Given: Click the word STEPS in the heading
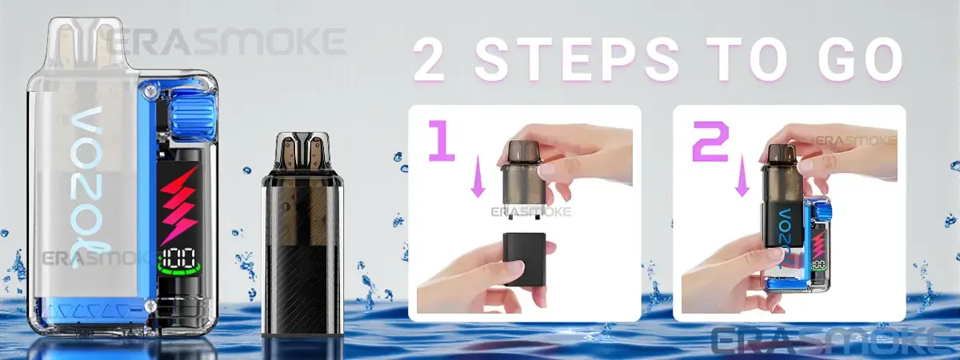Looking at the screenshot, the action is pyautogui.click(x=578, y=60).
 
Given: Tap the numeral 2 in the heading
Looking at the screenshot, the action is pyautogui.click(x=430, y=61).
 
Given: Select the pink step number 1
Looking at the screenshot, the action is pyautogui.click(x=442, y=141).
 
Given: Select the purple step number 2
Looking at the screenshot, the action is pyautogui.click(x=710, y=142).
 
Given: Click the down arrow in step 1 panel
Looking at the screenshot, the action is pyautogui.click(x=478, y=182).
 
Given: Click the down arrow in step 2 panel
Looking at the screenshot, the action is pyautogui.click(x=742, y=182).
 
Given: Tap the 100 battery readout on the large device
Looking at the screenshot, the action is pyautogui.click(x=179, y=258).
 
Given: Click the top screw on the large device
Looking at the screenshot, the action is pyautogui.click(x=150, y=90).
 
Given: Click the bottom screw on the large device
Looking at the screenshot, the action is pyautogui.click(x=150, y=306).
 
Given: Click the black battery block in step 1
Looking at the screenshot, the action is pyautogui.click(x=525, y=259).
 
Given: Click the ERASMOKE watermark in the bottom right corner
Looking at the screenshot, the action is pyautogui.click(x=835, y=341).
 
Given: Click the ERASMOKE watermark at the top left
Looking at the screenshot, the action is pyautogui.click(x=227, y=42).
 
